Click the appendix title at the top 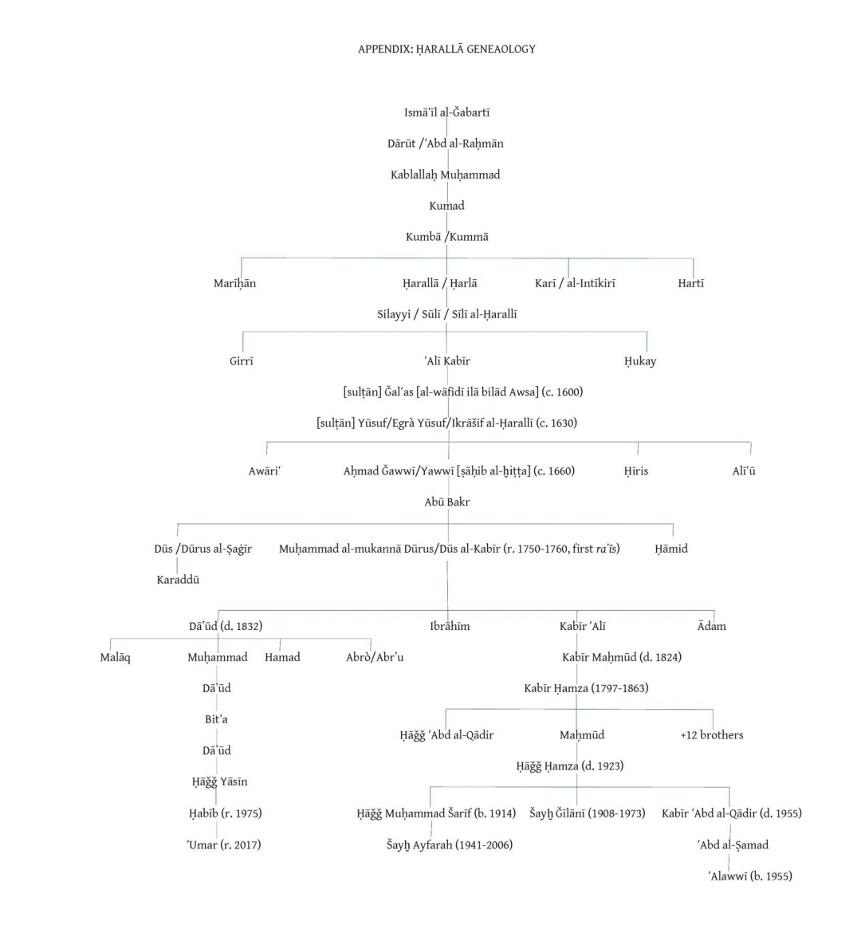click(x=446, y=49)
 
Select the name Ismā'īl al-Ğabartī click(x=446, y=112)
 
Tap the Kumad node click(x=446, y=206)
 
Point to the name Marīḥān click(x=234, y=283)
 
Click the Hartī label click(x=691, y=283)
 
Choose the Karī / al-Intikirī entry click(x=575, y=283)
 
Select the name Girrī click(x=242, y=361)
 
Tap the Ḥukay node click(x=640, y=361)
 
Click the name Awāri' click(x=265, y=471)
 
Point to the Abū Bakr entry click(x=447, y=502)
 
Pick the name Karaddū click(x=178, y=580)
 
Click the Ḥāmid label click(x=671, y=549)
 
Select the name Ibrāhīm click(x=450, y=626)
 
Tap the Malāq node click(x=116, y=657)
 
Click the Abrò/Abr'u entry click(x=375, y=657)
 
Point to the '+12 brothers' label click(x=712, y=735)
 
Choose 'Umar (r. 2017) click(x=224, y=845)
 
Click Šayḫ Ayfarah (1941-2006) click(x=450, y=845)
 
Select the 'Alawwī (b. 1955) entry click(x=750, y=876)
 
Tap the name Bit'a click(x=216, y=719)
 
